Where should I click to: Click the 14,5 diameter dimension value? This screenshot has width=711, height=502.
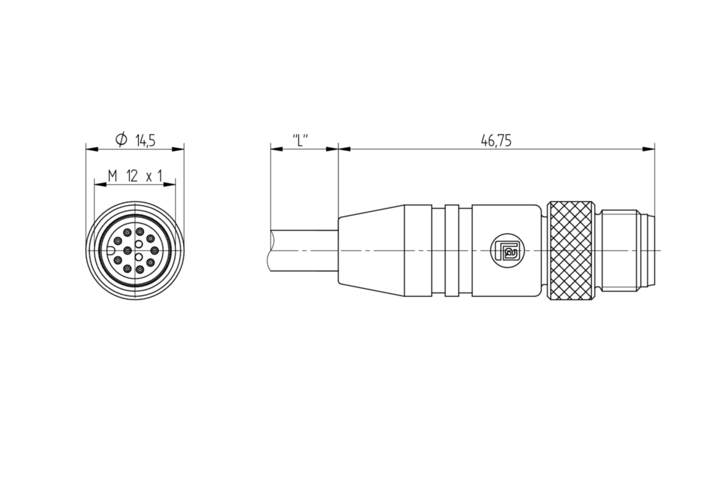point(145,140)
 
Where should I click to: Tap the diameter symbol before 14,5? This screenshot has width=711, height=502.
point(121,140)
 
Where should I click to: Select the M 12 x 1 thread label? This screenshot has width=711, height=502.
point(135,176)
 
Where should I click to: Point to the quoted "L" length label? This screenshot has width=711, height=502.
point(300,140)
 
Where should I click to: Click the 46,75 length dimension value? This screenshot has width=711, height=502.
point(496,141)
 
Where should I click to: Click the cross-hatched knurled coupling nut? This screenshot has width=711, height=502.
point(571,250)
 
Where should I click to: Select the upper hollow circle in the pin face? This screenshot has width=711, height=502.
point(139,244)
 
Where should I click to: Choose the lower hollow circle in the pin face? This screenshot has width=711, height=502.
point(139,256)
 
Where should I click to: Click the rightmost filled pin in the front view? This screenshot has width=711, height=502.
point(155,251)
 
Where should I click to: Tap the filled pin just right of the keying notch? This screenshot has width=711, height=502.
point(127,251)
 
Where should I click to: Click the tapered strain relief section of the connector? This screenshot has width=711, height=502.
point(371,250)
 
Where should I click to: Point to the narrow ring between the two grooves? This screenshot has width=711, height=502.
point(452,250)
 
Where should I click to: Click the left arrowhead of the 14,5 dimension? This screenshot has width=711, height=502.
point(92,149)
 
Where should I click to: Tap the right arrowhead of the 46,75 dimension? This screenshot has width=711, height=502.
point(648,149)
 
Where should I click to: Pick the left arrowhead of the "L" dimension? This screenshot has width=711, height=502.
point(277,149)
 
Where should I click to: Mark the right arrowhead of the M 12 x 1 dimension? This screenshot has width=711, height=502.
point(169,184)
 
